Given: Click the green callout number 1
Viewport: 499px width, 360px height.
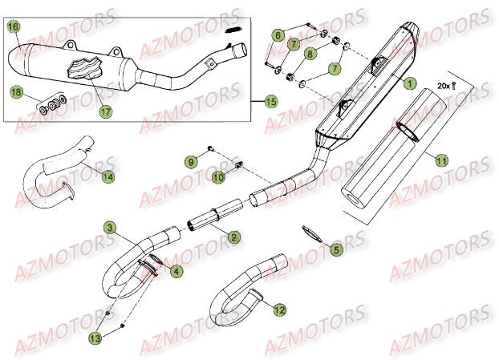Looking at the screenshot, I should tap(410, 83).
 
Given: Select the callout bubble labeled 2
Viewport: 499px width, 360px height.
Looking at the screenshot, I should tap(233, 237).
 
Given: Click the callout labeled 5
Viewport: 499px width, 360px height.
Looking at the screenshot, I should tap(337, 250).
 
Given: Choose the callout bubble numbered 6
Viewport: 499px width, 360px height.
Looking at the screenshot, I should tap(278, 35).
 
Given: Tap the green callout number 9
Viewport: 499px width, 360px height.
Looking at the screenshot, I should tap(192, 162).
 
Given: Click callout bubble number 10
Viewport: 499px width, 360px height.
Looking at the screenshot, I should tap(218, 176).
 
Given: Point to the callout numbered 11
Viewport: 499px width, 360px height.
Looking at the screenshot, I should tap(440, 161).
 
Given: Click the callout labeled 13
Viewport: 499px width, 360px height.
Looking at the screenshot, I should tap(118, 339).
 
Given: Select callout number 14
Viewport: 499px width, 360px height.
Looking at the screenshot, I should tap(108, 176).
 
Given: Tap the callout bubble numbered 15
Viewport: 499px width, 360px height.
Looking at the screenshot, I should tap(270, 102).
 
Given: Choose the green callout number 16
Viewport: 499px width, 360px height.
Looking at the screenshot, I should tap(13, 27).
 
